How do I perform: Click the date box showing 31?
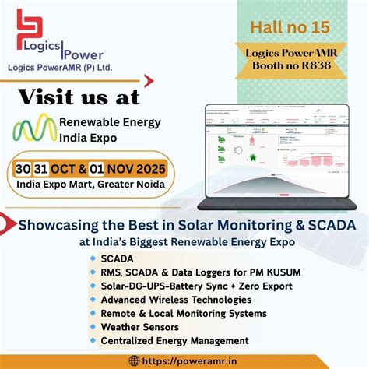pos(45,168)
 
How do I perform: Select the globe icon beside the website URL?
pos(134,360)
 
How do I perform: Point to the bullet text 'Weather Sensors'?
pos(140,327)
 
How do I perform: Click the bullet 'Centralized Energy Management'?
pos(175,341)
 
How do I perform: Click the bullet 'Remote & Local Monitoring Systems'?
pos(184,314)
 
